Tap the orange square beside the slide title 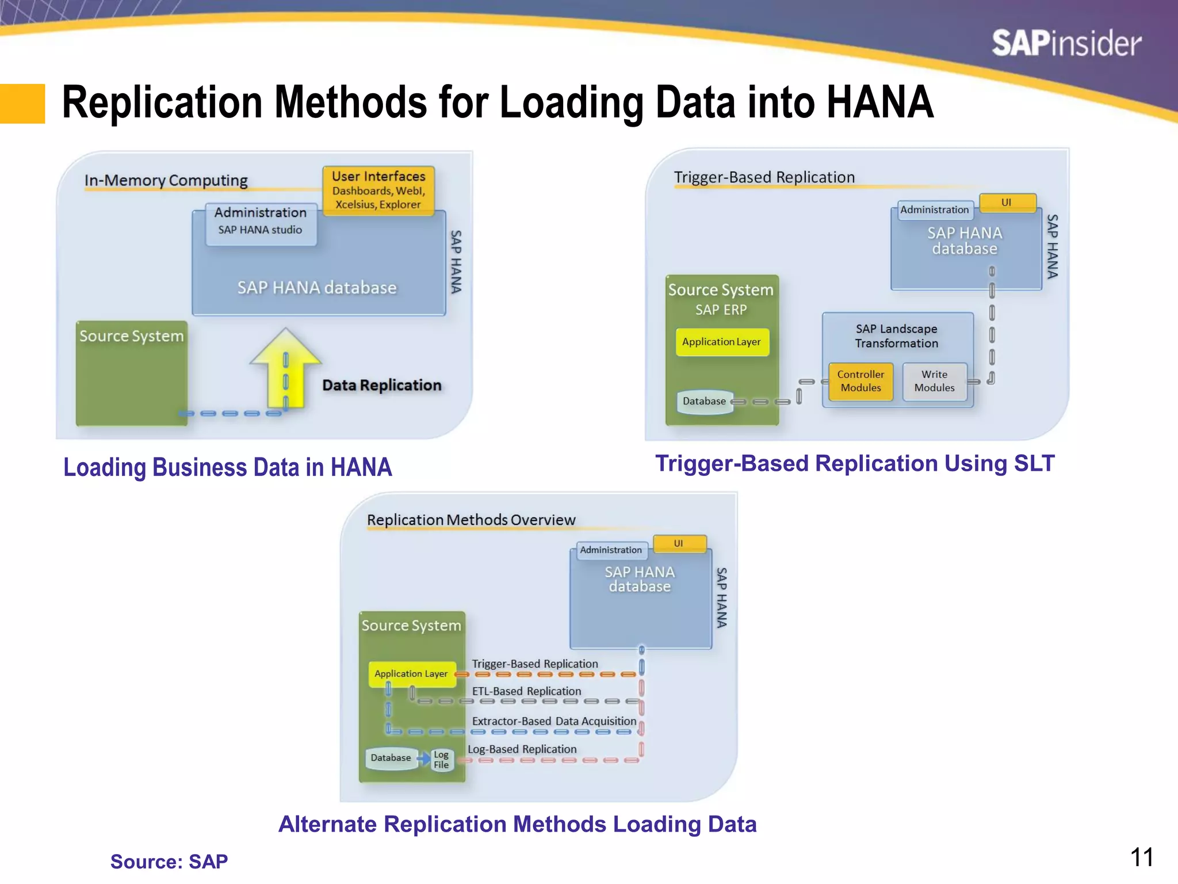22,104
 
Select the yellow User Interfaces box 378,190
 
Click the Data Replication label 381,385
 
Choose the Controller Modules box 860,381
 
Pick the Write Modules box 934,381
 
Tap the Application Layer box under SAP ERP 721,342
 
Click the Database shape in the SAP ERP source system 704,401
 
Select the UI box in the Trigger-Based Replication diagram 1007,203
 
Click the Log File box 441,760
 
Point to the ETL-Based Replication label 526,691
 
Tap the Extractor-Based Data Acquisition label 554,721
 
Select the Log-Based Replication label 522,749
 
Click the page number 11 1141,858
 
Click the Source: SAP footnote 169,862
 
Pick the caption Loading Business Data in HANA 227,467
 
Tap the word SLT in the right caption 1034,463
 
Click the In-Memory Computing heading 166,180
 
